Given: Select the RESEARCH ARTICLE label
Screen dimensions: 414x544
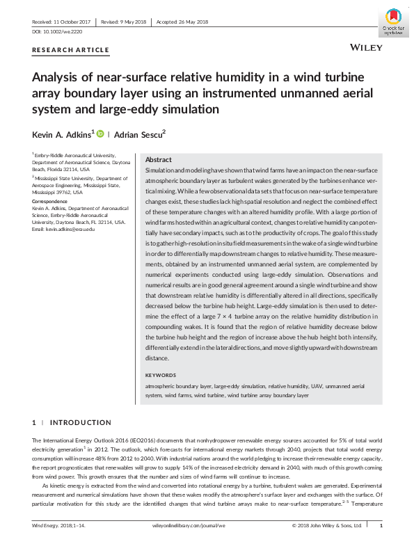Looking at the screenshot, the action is (71, 50).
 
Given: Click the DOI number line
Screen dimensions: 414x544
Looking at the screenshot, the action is (58, 32).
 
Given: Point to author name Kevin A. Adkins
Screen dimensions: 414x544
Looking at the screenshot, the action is (61, 133).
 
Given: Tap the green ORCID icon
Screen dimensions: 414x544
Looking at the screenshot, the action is (99, 133).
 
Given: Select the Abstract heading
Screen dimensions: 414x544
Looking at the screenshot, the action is (158, 159).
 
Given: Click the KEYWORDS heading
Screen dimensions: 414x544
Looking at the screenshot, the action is (161, 375).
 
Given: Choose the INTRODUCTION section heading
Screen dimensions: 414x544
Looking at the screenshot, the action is (80, 422).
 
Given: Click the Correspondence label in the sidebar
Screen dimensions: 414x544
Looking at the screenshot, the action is (49, 201).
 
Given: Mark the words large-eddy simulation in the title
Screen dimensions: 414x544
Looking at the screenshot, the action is (168, 109).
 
